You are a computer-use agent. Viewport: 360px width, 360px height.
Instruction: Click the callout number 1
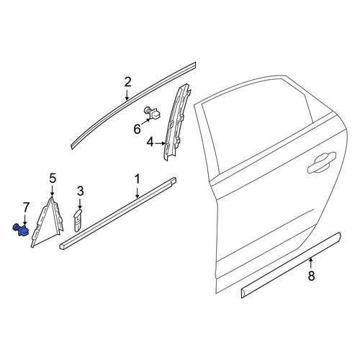point(137,179)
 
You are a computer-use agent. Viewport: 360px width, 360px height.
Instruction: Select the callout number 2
point(128,82)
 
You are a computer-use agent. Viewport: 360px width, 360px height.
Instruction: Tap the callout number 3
point(81,192)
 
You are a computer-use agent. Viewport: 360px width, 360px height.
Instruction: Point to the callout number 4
point(150,143)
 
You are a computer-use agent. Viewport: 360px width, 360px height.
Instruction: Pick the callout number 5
point(53,179)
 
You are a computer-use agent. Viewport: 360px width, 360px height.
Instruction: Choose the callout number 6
point(137,130)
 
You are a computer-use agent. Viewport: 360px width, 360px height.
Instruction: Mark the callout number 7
point(26,207)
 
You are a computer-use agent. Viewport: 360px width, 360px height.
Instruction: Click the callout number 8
point(311,276)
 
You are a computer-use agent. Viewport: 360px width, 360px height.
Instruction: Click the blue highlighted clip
point(21,230)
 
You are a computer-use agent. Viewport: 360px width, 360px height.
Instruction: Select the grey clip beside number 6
point(153,113)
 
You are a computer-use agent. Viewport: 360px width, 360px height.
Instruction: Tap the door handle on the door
point(322,163)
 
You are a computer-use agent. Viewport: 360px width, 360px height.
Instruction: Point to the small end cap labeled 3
point(78,220)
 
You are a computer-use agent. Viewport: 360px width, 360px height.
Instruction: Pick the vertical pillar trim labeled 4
point(176,122)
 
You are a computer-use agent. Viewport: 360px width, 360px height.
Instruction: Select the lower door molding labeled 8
point(291,265)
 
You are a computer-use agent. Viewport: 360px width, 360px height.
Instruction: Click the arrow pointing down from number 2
point(127,95)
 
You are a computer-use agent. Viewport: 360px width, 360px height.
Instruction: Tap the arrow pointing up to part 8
point(311,263)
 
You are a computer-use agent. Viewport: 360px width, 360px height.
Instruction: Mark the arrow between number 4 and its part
point(161,143)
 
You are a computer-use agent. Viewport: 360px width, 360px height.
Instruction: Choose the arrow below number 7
point(25,219)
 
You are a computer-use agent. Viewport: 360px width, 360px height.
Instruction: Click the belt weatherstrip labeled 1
point(117,213)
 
